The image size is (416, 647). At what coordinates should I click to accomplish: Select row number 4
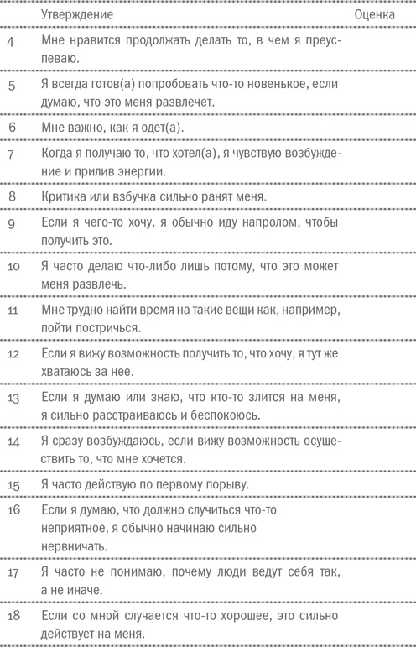point(9,41)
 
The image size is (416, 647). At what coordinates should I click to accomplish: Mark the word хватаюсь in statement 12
point(71,371)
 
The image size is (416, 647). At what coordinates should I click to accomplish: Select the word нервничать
point(75,546)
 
